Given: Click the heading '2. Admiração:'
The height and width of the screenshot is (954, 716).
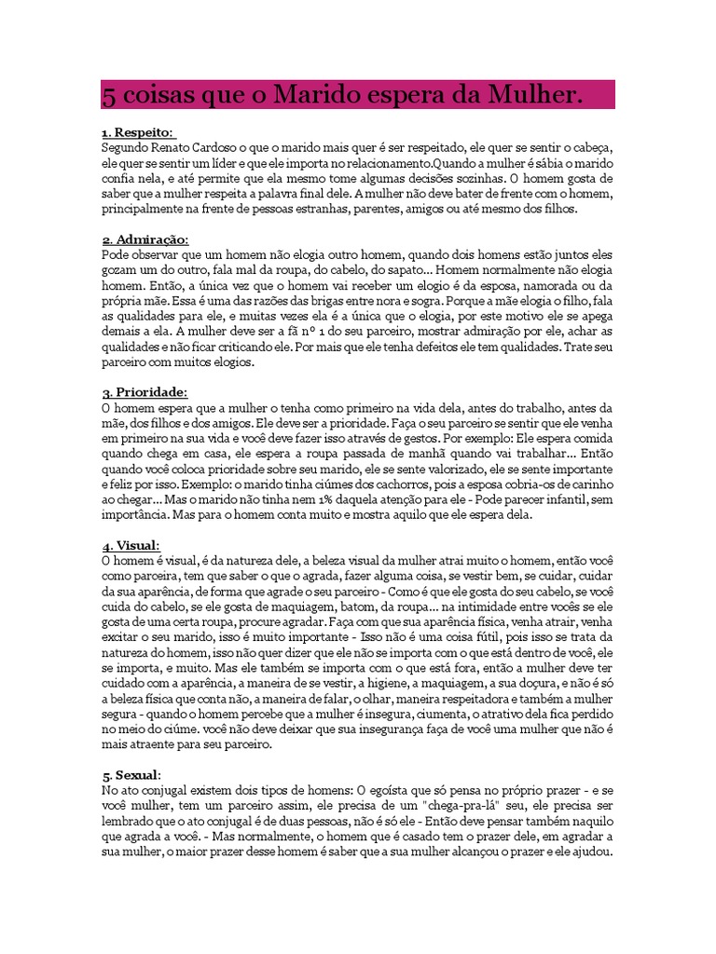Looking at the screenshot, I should (145, 240).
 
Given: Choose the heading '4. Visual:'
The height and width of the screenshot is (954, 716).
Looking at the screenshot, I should (131, 545).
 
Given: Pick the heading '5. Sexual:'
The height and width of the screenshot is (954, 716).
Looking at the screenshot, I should (131, 774).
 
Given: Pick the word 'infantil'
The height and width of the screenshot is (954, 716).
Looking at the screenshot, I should (571, 499).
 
